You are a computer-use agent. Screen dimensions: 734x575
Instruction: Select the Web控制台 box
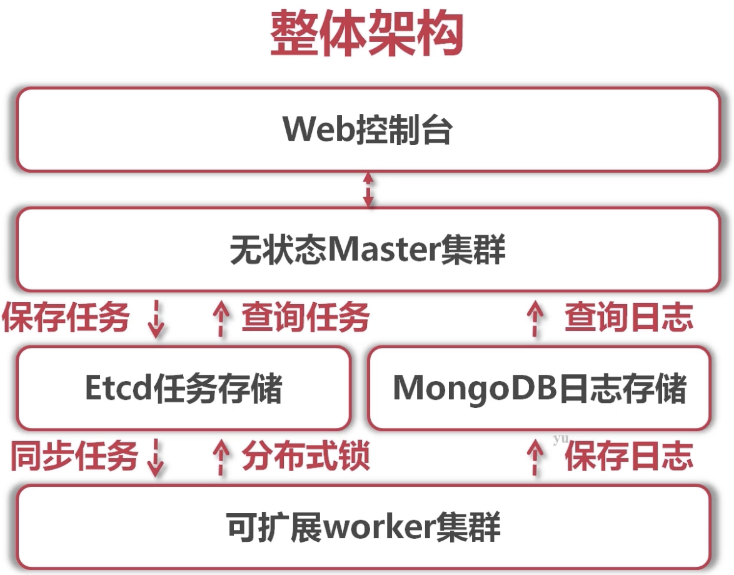click(368, 130)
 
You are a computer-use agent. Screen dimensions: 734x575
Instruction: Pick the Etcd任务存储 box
click(183, 388)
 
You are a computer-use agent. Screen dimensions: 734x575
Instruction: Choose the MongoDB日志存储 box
click(539, 388)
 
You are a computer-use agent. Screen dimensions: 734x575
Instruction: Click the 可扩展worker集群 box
click(363, 527)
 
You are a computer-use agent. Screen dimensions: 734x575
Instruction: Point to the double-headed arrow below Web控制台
click(368, 190)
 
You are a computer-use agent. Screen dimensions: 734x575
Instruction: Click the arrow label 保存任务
click(66, 318)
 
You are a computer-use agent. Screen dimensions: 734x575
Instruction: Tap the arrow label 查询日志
click(629, 318)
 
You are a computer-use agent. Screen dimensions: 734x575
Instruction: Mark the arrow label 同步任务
click(74, 456)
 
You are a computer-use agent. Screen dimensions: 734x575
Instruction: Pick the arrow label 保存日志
click(629, 456)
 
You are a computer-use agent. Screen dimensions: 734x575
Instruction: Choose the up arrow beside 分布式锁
click(220, 457)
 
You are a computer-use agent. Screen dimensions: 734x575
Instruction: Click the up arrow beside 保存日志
click(535, 457)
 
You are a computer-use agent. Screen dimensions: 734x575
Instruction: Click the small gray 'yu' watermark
click(560, 439)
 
